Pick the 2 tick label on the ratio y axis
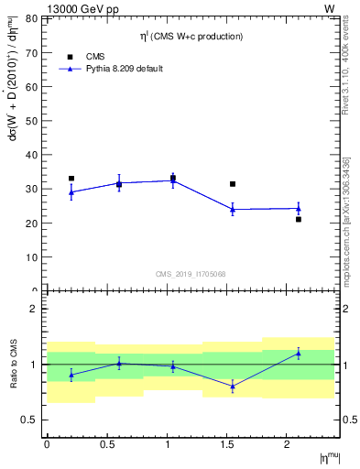click(x=34, y=310)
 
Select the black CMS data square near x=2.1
click(x=299, y=219)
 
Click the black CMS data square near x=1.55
click(x=233, y=184)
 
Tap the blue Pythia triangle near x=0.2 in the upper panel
click(x=71, y=191)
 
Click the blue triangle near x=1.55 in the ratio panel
click(x=233, y=386)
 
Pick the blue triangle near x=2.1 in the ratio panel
click(x=299, y=353)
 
